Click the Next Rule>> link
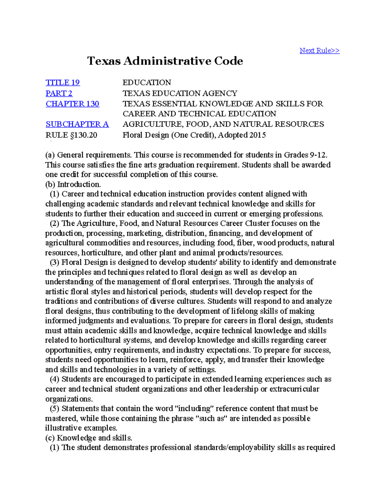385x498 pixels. click(x=319, y=51)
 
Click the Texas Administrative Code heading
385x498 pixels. click(x=165, y=61)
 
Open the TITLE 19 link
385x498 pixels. click(x=63, y=83)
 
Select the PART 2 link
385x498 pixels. click(x=59, y=93)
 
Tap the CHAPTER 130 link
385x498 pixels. click(x=72, y=104)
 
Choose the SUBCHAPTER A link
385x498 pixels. click(x=77, y=124)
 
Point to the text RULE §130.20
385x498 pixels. click(x=71, y=135)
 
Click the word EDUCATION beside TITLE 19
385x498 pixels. click(x=147, y=83)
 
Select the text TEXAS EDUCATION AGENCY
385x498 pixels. click(x=180, y=93)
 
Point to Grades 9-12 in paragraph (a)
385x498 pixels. click(x=305, y=155)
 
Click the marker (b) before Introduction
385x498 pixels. click(x=50, y=184)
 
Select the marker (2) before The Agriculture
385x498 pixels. click(x=54, y=224)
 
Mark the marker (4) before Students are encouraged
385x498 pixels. click(x=54, y=379)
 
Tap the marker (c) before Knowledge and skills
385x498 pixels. click(x=50, y=438)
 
